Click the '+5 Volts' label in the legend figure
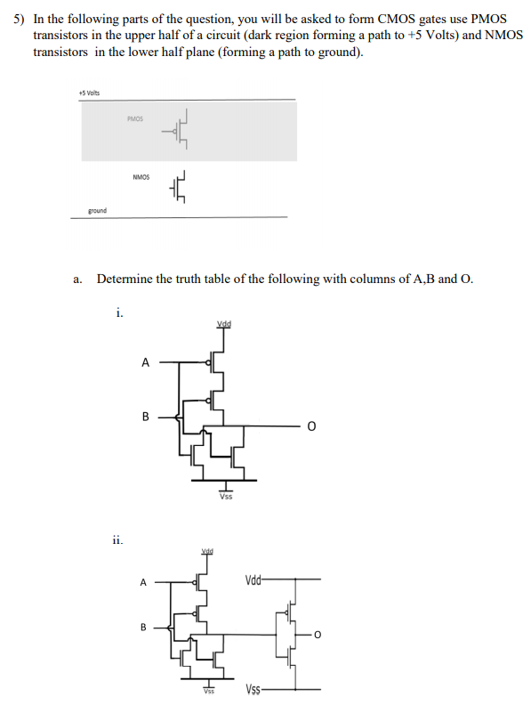[x=89, y=93]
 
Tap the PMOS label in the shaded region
[x=135, y=118]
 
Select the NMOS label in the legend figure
[x=141, y=177]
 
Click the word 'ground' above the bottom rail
[x=97, y=210]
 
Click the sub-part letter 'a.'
[x=78, y=279]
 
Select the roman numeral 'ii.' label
[x=117, y=539]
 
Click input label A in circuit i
[x=145, y=362]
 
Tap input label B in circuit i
[x=145, y=416]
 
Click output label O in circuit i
[x=310, y=427]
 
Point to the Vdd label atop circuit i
[x=224, y=323]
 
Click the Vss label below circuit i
[x=226, y=497]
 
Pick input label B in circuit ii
[x=142, y=627]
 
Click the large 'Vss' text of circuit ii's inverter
[x=254, y=690]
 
